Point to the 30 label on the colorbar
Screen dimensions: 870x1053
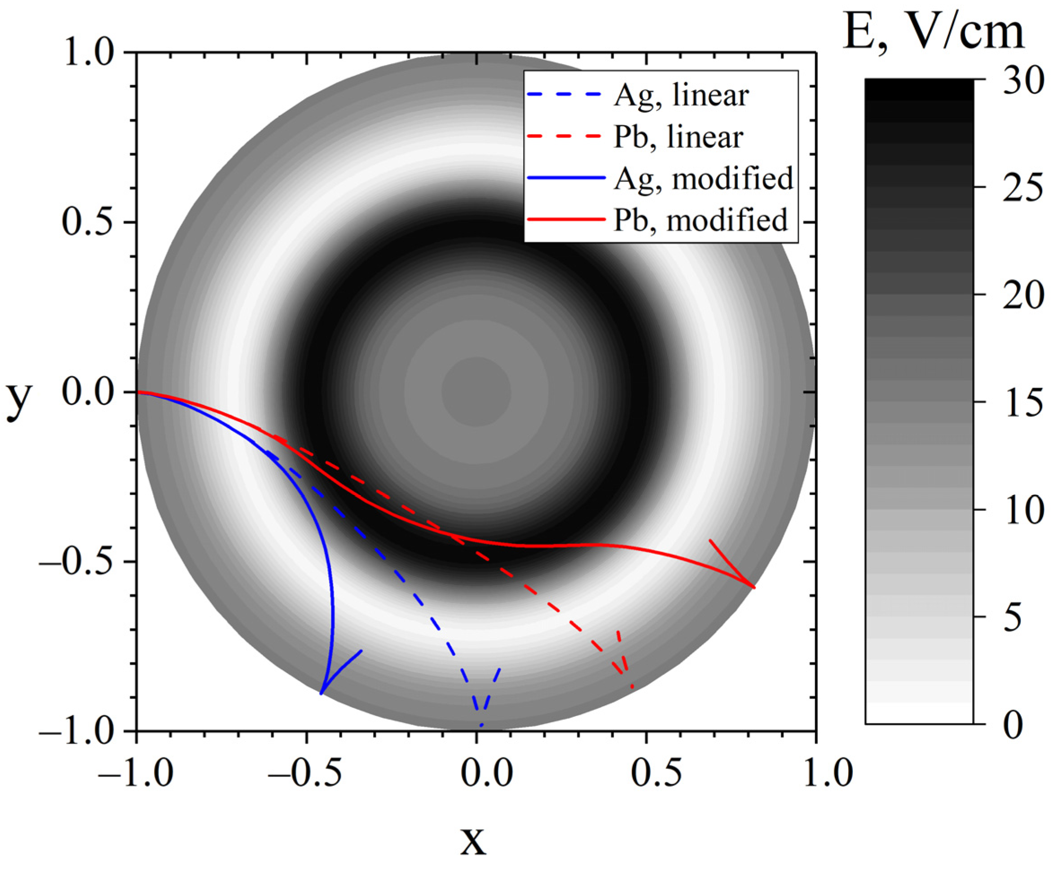[x=1022, y=80]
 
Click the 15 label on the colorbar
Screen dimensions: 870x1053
[x=1022, y=402]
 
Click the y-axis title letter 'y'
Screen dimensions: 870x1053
[x=19, y=398]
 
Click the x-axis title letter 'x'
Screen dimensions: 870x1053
[x=473, y=841]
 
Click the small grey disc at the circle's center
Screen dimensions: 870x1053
[x=476, y=392]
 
